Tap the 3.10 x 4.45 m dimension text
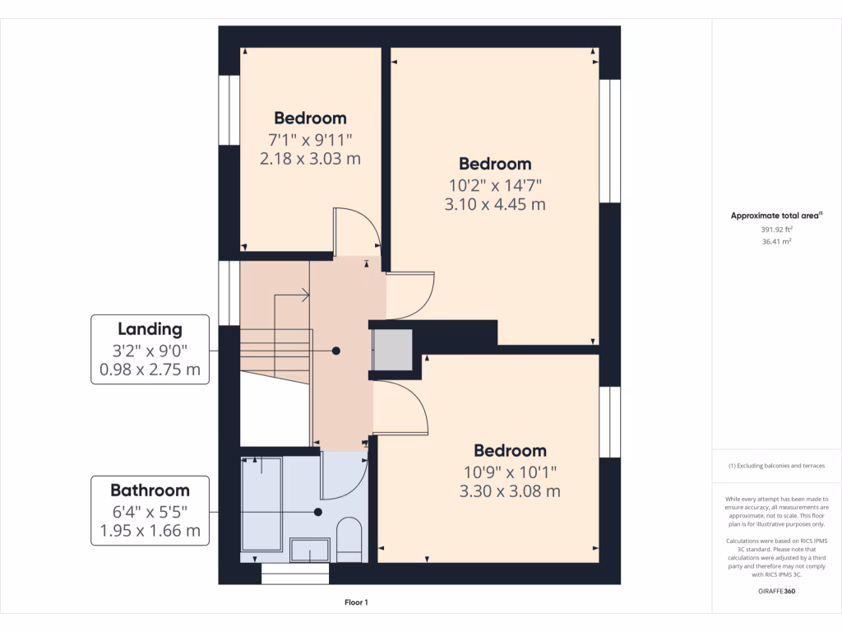point(495,204)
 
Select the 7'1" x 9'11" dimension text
point(310,138)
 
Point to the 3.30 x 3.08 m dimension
point(510,491)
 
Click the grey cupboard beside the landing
point(393,350)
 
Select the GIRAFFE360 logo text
point(776,591)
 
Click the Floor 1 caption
point(356,603)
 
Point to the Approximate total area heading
point(776,216)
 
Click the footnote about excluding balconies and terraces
point(776,466)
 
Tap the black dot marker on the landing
point(336,351)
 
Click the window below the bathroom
point(294,574)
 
